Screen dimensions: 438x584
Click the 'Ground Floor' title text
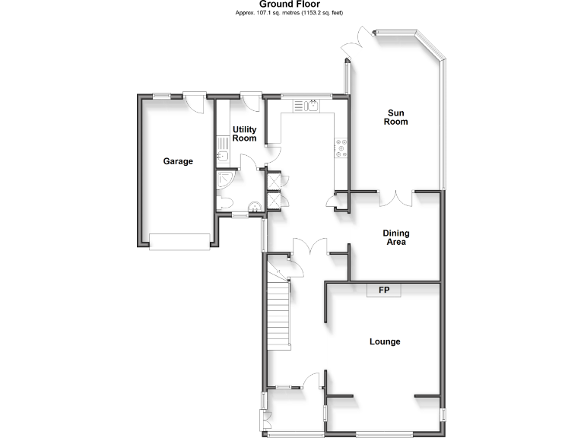pos(292,5)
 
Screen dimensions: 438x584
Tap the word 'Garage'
pos(178,161)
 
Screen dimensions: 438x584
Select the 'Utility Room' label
pos(244,134)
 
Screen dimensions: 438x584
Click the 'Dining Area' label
pos(394,238)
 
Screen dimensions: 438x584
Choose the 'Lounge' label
pos(385,341)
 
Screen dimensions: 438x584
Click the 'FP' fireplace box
pos(384,290)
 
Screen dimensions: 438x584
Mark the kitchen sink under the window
pos(311,106)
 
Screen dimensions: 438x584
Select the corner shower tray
pos(226,179)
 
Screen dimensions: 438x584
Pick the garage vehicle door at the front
pos(179,242)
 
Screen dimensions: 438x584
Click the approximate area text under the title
pos(292,14)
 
